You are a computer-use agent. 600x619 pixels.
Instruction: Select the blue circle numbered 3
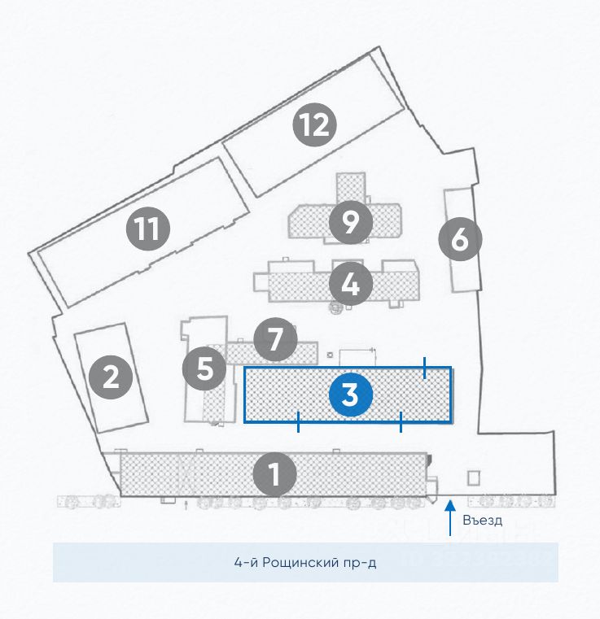pos(350,395)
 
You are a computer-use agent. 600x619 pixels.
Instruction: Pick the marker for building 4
pos(351,284)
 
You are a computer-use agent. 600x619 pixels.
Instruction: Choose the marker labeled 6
pos(459,240)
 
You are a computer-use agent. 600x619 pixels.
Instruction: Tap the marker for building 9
pos(351,221)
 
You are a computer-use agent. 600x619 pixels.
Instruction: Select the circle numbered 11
pos(147,229)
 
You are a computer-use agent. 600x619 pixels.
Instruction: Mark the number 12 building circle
pos(315,125)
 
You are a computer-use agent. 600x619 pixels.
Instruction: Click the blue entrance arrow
pos(449,519)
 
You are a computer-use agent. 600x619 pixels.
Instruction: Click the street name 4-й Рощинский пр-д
pos(305,562)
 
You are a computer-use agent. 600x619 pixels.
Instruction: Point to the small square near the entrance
pos(473,477)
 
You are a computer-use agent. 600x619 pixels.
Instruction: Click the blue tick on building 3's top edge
pos(424,368)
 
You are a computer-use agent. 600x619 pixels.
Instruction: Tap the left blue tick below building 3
pos(299,421)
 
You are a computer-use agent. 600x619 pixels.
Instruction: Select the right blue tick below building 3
pos(401,421)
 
